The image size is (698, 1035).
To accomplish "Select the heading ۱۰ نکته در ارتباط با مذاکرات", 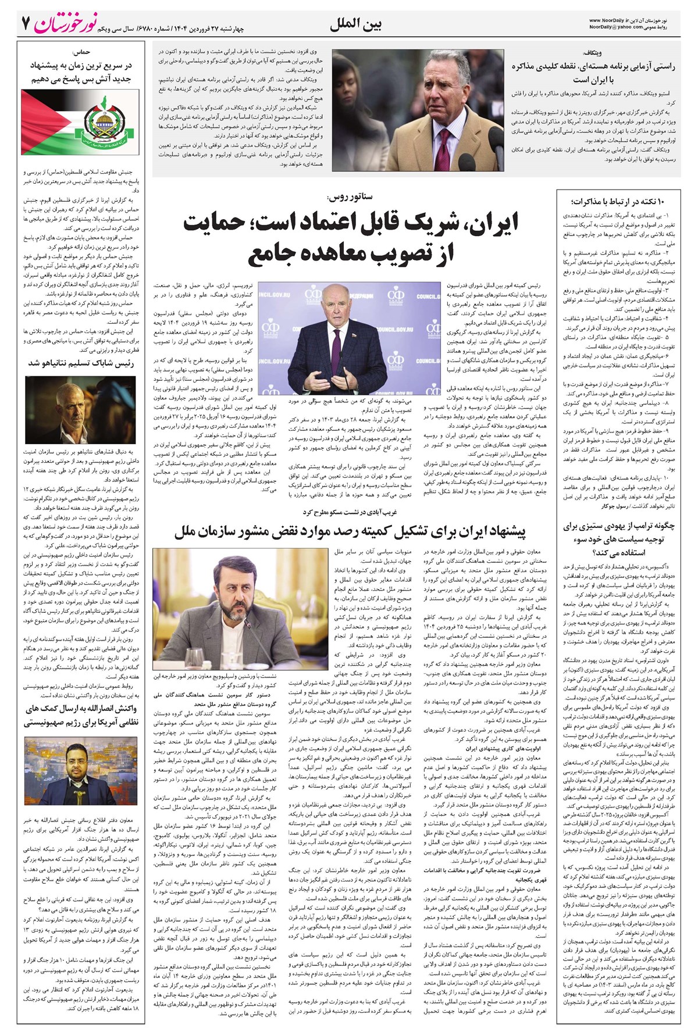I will coord(618,201).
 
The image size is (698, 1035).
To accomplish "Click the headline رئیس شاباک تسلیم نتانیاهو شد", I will coord(81,363).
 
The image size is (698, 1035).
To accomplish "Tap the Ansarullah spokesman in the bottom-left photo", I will coord(75,770).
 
